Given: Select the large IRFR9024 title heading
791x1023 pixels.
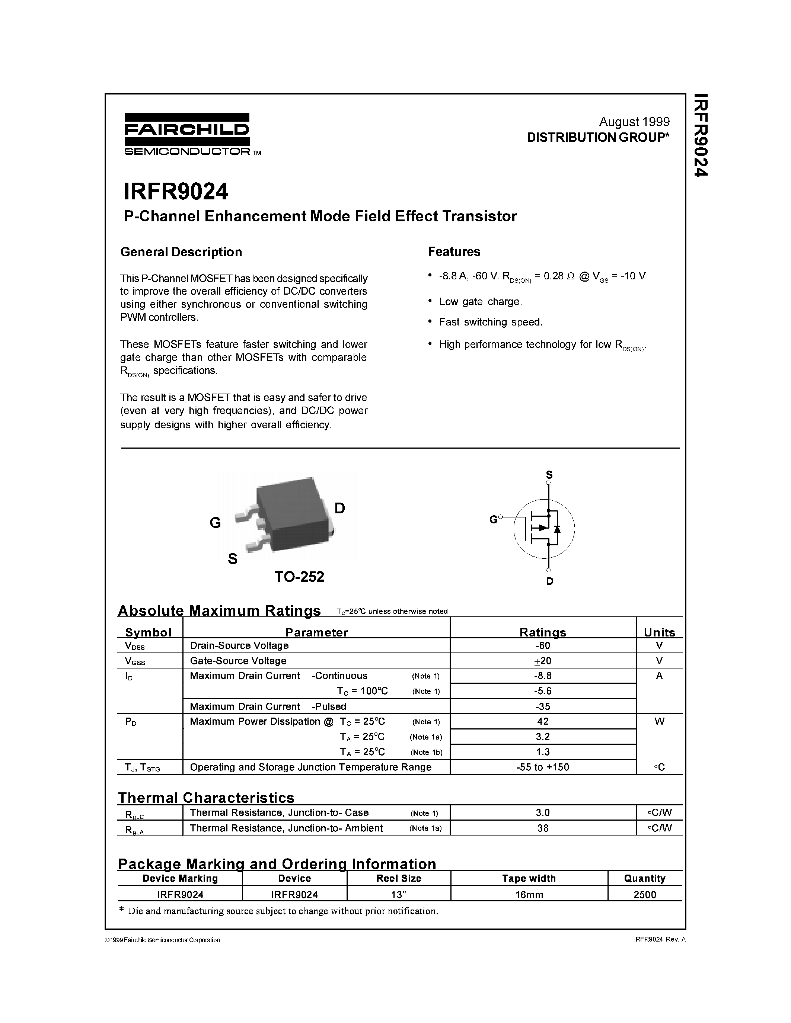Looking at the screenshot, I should (176, 191).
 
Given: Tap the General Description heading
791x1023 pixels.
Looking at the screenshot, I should (181, 252).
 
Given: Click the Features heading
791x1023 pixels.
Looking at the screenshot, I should (454, 251).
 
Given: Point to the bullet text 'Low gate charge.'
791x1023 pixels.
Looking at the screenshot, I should (480, 302).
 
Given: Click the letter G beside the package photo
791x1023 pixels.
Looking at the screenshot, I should (215, 522).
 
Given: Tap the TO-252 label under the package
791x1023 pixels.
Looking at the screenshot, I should (299, 577).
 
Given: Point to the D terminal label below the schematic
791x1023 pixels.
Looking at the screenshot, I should (550, 581).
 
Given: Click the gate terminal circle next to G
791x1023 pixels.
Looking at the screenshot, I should (500, 517).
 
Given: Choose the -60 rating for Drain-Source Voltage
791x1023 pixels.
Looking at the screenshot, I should (543, 645).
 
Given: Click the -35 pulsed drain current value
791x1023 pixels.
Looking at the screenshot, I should (543, 706).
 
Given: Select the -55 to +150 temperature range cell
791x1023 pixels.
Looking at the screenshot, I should (543, 767).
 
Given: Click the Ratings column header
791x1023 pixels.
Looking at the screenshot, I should (543, 632).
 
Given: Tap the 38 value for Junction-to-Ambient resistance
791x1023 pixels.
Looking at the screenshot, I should (543, 828).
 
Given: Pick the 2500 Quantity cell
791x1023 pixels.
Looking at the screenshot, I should (644, 895).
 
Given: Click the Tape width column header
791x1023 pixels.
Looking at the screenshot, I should (529, 878).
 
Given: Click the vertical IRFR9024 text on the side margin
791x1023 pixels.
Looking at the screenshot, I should (700, 136).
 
